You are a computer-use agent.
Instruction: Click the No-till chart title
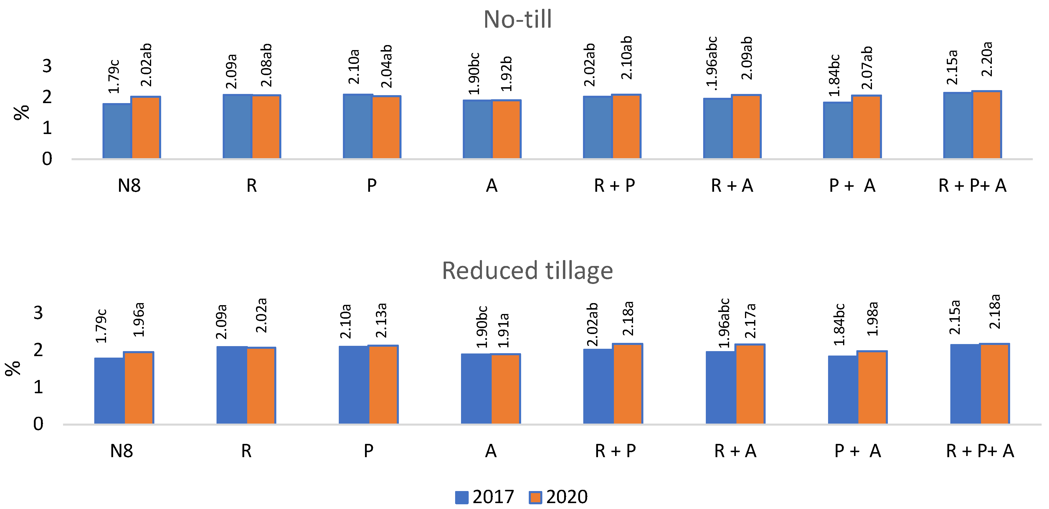click(x=518, y=19)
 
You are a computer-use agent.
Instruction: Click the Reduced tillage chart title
click(x=527, y=271)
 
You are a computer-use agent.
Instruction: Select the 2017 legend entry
click(x=484, y=497)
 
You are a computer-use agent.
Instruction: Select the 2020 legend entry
click(x=558, y=497)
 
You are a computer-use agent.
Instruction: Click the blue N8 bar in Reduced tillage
click(x=109, y=391)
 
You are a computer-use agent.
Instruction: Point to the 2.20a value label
click(x=987, y=59)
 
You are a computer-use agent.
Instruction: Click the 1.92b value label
click(x=506, y=74)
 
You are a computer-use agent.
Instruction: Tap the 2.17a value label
click(x=750, y=321)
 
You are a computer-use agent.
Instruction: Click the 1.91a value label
click(x=504, y=330)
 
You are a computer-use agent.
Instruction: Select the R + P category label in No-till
click(x=614, y=186)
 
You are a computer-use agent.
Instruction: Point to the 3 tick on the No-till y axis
click(x=47, y=66)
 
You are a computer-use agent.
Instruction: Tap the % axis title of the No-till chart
click(x=22, y=113)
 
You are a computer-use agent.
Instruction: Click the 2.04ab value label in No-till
click(x=386, y=66)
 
